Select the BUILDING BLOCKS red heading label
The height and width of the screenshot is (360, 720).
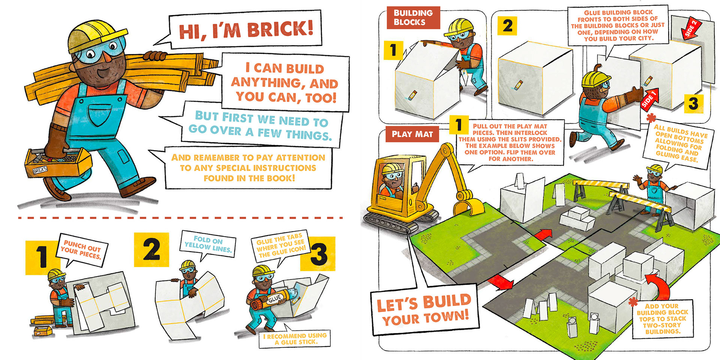click(413, 18)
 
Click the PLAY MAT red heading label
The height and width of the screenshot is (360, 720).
click(412, 134)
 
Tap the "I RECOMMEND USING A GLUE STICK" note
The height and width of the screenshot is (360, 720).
click(295, 339)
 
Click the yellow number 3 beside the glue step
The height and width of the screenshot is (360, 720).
click(318, 254)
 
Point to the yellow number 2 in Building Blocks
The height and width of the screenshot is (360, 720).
click(507, 25)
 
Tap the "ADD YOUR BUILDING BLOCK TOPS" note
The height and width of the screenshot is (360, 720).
click(662, 319)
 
